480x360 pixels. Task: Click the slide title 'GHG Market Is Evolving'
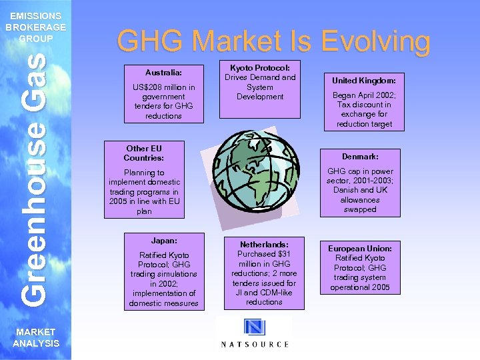(273, 41)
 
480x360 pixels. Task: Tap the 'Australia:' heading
(163, 71)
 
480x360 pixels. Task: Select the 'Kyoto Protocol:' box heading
(260, 68)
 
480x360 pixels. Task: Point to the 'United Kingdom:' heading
(364, 79)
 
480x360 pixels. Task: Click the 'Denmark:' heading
(360, 156)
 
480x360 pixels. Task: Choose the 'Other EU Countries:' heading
(144, 153)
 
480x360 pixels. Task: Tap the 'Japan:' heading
(163, 240)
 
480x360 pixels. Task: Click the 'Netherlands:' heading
(264, 245)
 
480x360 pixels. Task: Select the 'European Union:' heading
(360, 249)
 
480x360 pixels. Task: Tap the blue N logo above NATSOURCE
(255, 327)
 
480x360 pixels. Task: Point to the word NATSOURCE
(255, 344)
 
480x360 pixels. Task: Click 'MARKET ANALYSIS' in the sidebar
(36, 339)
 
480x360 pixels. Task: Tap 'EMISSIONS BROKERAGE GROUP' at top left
(36, 27)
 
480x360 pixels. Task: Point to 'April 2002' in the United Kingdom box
(372, 95)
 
